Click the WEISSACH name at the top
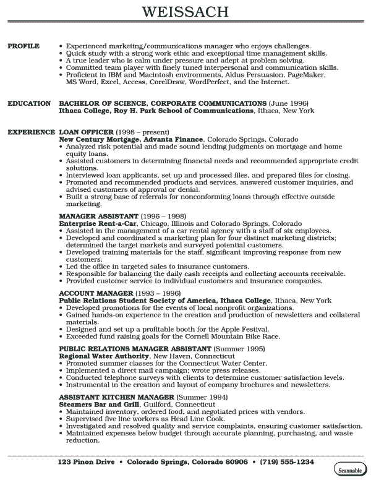tap(185, 12)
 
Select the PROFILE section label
tap(23, 46)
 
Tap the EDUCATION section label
tap(29, 103)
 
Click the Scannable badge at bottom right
tap(349, 470)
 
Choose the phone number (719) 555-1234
tap(286, 462)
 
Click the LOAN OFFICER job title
tap(86, 132)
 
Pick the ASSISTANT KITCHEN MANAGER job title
tap(116, 396)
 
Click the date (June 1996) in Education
tap(289, 103)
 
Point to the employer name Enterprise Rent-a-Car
tap(98, 223)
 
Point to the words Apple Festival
tap(245, 329)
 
